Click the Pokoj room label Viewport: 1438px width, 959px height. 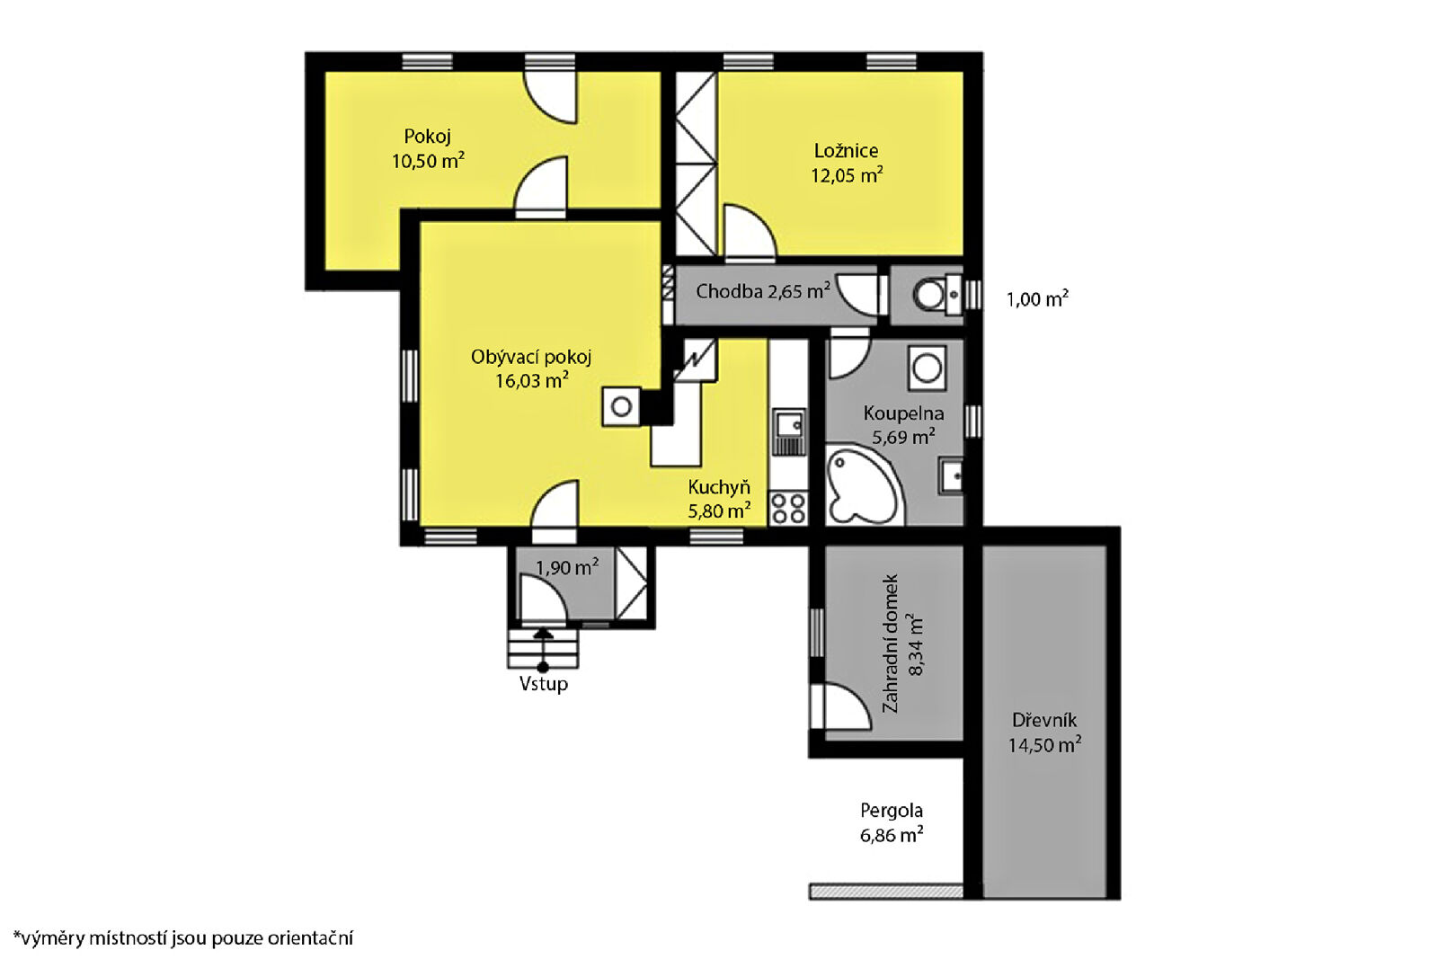(428, 136)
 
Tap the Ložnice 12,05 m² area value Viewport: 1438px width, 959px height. (847, 175)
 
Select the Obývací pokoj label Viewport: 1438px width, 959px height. (531, 357)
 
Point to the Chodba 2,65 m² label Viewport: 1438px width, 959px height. (763, 291)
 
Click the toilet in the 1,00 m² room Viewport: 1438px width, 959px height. (936, 296)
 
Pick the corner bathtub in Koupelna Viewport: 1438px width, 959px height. (863, 486)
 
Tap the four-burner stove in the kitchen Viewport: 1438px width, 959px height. (788, 508)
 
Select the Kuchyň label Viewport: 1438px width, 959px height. (719, 488)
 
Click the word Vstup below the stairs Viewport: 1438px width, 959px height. (544, 684)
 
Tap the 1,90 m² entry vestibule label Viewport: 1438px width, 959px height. (567, 567)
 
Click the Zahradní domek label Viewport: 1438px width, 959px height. (891, 644)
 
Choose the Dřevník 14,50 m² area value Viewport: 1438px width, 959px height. (1044, 745)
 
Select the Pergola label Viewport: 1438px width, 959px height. (892, 812)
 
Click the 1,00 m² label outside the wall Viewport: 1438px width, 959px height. (1037, 299)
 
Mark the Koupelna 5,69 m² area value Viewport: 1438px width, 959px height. (903, 437)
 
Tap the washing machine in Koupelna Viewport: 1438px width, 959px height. (927, 369)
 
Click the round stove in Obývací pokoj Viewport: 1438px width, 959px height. (621, 406)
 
